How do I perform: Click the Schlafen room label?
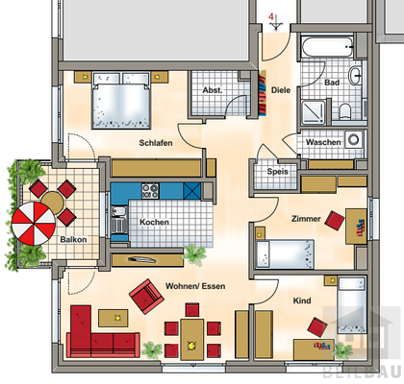pos(155,143)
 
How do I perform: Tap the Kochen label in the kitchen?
pos(155,222)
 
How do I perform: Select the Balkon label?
pos(73,239)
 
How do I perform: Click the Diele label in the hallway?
pos(281,91)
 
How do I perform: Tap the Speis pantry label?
pos(278,173)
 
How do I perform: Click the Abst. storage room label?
pos(214,91)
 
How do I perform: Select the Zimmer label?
pos(306,220)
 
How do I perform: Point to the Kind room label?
pos(302,301)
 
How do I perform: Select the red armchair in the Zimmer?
pos(335,221)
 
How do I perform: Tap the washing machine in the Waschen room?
pos(353,141)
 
